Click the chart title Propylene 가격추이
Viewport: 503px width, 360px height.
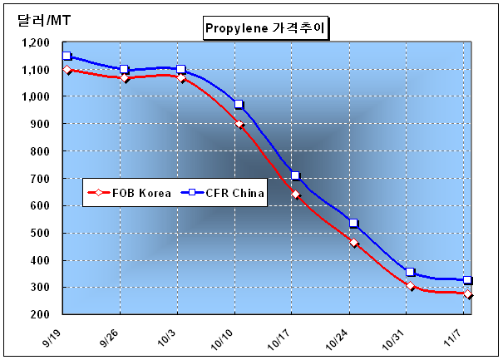point(266,28)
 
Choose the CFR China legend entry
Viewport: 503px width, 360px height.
point(224,193)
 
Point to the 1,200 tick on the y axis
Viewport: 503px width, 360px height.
point(35,42)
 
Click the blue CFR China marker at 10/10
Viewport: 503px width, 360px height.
point(239,105)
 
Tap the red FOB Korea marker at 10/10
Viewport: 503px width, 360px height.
point(239,124)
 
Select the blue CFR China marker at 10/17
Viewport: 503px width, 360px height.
point(295,175)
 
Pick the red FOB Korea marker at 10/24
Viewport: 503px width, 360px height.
point(353,243)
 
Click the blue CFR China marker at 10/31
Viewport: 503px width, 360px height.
point(410,273)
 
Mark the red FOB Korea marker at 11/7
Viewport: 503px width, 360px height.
point(468,294)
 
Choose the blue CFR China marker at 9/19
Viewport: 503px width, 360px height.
point(67,57)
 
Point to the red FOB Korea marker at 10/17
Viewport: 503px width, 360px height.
point(295,195)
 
